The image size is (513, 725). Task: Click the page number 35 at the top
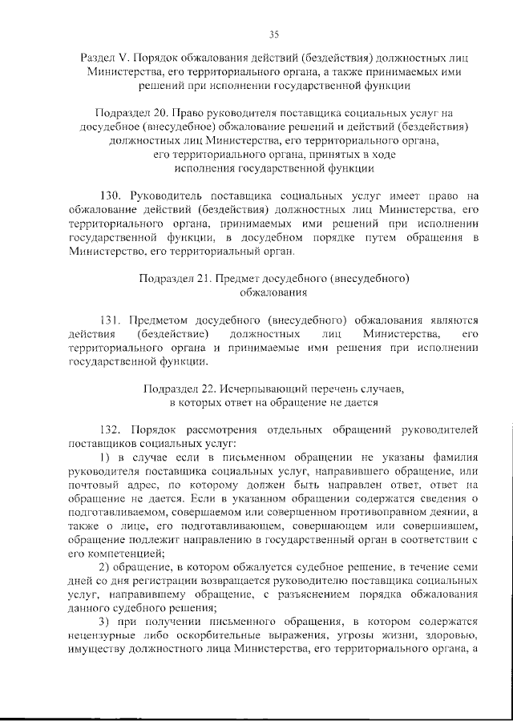pos(273,34)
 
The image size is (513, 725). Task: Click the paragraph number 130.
pos(111,195)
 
